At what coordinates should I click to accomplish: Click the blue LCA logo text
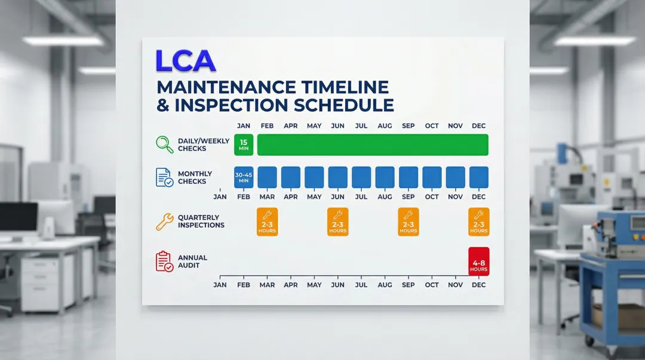185,60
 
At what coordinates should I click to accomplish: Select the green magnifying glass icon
164,144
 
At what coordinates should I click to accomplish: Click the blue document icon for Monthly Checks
164,177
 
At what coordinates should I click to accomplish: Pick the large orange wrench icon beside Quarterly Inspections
164,221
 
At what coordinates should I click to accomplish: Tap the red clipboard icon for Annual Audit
164,261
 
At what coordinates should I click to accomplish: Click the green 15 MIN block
244,144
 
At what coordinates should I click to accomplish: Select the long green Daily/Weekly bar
373,144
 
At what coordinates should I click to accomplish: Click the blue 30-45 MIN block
244,177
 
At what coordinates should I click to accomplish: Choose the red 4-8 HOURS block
478,261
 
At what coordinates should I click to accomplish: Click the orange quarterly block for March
267,221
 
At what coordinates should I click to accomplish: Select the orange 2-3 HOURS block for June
337,221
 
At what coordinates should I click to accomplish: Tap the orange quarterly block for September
408,221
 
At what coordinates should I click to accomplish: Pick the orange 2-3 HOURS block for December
478,221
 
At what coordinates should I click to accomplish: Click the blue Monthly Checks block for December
478,177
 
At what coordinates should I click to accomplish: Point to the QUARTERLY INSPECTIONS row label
201,221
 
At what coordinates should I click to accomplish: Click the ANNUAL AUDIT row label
192,261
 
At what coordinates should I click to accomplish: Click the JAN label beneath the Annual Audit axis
220,285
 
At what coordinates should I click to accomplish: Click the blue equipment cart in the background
612,281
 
